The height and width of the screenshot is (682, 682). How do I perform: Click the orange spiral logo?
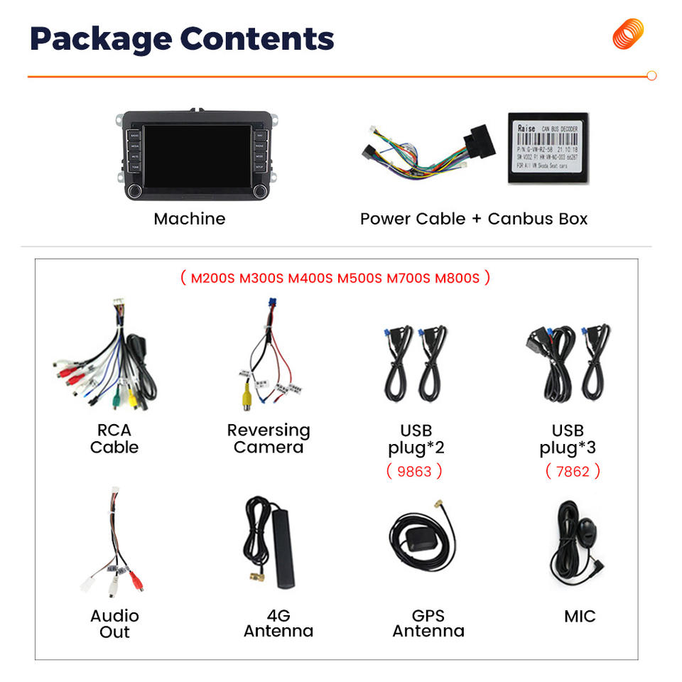pyautogui.click(x=628, y=34)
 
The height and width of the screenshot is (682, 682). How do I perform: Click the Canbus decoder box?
pyautogui.click(x=548, y=148)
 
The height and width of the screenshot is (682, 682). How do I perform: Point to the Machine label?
pyautogui.click(x=189, y=219)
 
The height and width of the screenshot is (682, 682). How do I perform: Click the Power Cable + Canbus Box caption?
pyautogui.click(x=474, y=219)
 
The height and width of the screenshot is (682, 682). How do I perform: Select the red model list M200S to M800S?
pyautogui.click(x=335, y=278)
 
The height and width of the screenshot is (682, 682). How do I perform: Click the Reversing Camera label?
pyautogui.click(x=269, y=439)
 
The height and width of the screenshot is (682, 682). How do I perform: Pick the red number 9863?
pyautogui.click(x=414, y=470)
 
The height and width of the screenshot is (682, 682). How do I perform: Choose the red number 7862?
pyautogui.click(x=573, y=470)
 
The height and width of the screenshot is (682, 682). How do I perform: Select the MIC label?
pyautogui.click(x=580, y=616)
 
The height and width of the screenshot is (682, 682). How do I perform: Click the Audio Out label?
pyautogui.click(x=114, y=624)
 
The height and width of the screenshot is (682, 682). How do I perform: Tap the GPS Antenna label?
pyautogui.click(x=428, y=623)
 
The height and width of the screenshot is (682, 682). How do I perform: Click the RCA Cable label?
pyautogui.click(x=114, y=439)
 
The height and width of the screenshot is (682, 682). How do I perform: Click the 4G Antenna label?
pyautogui.click(x=278, y=623)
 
